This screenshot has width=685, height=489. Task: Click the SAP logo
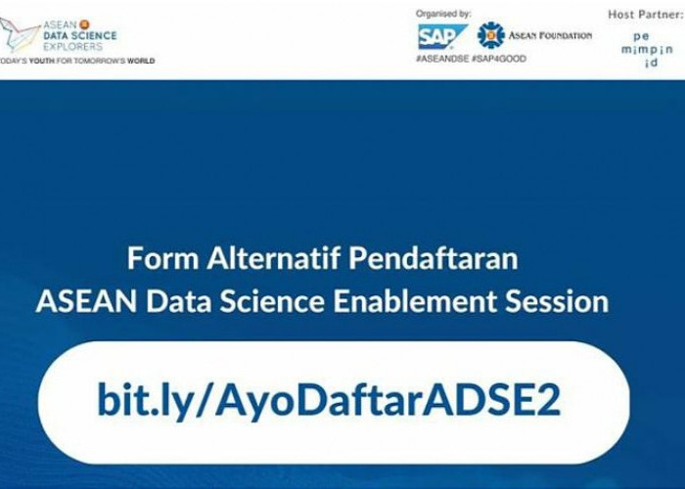(x=442, y=37)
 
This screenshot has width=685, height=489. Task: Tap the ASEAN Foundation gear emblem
(x=490, y=35)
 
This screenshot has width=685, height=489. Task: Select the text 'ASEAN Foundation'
(x=550, y=35)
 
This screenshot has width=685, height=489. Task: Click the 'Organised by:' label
(x=443, y=14)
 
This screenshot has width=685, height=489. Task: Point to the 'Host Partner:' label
(x=646, y=15)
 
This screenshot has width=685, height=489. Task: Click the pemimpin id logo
(x=647, y=49)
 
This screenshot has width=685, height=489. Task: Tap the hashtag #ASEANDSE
(x=442, y=59)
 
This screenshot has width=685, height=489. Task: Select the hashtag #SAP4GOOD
(x=499, y=59)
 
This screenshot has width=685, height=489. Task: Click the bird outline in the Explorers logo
(x=20, y=35)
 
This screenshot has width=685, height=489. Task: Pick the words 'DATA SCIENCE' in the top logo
(x=80, y=36)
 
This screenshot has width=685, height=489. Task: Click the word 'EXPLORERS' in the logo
(x=73, y=46)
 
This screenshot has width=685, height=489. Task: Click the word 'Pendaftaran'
(x=433, y=258)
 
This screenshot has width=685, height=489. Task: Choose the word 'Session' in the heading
(x=557, y=301)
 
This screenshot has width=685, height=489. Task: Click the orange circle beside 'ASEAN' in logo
(x=84, y=24)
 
